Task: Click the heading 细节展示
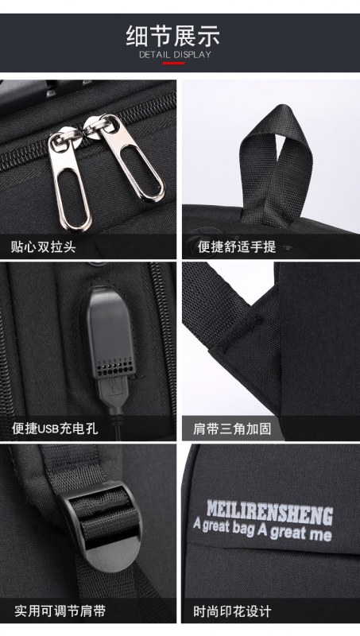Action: click(173, 36)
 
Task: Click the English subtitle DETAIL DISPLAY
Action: click(175, 55)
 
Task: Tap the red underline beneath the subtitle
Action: click(174, 64)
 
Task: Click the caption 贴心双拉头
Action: click(43, 246)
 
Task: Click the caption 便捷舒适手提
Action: click(237, 246)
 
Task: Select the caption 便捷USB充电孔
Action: click(55, 429)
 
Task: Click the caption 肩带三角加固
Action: click(232, 429)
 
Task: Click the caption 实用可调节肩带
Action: click(60, 611)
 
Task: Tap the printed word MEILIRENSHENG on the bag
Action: click(270, 513)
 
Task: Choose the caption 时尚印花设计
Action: click(232, 611)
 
